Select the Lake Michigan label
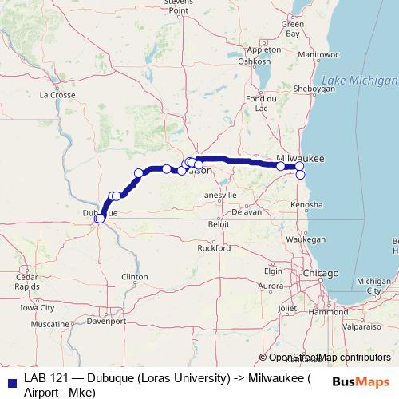360,81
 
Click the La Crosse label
57,94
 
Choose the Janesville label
219,195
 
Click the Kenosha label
307,205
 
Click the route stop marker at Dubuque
99,217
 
